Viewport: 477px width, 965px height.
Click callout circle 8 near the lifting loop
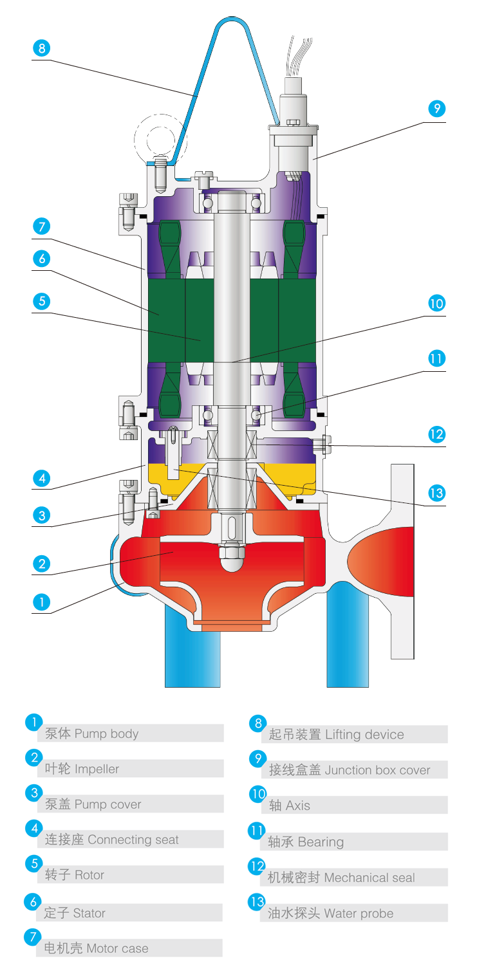coord(41,48)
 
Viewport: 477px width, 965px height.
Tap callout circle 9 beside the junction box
coord(436,109)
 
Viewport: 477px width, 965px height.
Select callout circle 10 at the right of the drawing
coord(436,303)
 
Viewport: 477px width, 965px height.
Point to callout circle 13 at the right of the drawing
coord(436,493)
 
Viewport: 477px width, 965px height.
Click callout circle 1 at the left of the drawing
coord(41,602)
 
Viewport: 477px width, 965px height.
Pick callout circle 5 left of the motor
coord(41,300)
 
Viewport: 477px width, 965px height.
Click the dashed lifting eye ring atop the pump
coord(157,138)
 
